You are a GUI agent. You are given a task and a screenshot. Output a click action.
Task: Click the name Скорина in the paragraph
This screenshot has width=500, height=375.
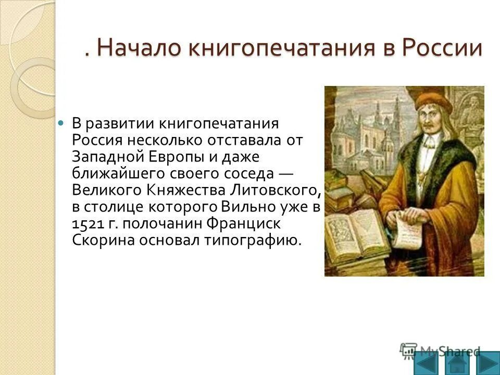point(100,241)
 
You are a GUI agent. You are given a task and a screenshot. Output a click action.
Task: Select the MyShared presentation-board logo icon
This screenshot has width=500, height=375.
point(408,349)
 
